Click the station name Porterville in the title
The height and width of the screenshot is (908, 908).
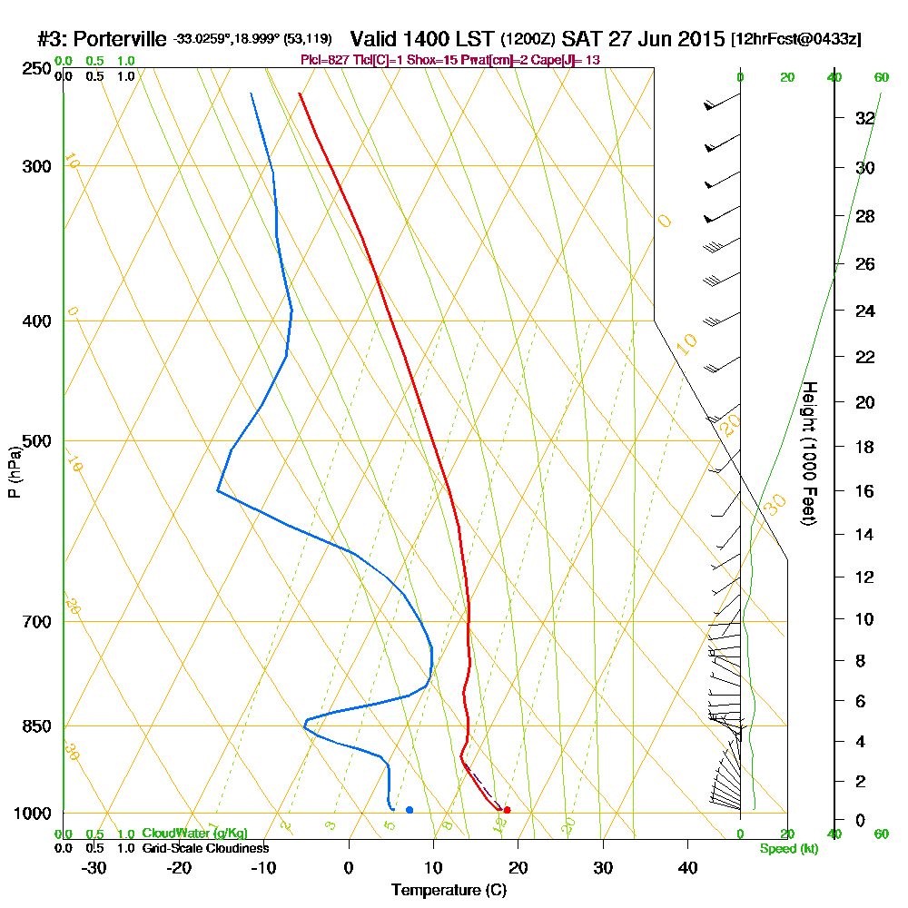[120, 39]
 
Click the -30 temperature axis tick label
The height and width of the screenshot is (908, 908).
[94, 867]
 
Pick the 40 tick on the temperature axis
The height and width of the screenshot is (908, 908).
[687, 867]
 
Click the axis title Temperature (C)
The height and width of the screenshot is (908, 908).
[449, 890]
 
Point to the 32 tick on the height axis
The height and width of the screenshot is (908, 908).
[864, 118]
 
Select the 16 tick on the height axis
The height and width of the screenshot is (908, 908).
[864, 491]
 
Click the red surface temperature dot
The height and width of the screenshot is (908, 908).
[507, 810]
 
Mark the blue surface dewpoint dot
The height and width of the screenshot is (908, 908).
[410, 810]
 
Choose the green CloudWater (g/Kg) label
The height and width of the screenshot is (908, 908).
[194, 834]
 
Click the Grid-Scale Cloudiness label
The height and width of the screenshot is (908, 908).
[204, 848]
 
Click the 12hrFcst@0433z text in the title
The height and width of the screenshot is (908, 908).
[795, 40]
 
